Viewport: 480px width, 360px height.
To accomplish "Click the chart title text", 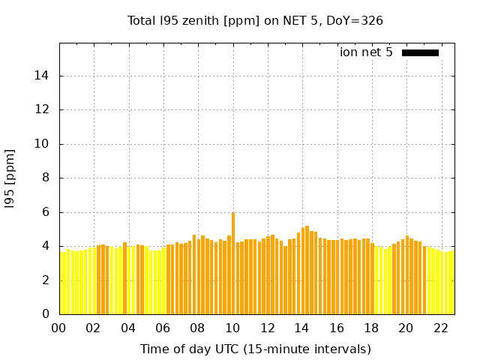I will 255,20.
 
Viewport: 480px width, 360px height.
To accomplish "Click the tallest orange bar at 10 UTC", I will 233,262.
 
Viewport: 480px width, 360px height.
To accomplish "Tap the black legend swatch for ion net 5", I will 420,52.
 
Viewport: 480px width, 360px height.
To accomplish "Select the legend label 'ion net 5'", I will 366,52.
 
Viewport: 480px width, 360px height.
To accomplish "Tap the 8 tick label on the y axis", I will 46,178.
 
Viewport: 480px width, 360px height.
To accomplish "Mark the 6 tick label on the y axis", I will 46,212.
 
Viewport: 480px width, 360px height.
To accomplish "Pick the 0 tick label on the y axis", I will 46,314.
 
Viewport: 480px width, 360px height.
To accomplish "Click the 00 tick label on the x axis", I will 59,328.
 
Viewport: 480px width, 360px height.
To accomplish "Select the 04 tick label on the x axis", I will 128,328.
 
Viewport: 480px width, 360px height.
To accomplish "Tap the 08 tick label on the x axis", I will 198,328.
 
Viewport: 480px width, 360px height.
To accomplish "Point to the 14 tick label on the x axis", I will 302,328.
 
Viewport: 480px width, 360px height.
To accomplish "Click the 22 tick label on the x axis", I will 441,328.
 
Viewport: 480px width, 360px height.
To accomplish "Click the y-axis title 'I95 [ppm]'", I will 10,178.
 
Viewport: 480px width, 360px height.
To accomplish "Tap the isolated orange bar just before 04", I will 124,278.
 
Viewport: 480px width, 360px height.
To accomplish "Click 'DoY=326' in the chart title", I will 355,20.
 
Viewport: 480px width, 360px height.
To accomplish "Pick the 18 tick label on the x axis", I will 371,328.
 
